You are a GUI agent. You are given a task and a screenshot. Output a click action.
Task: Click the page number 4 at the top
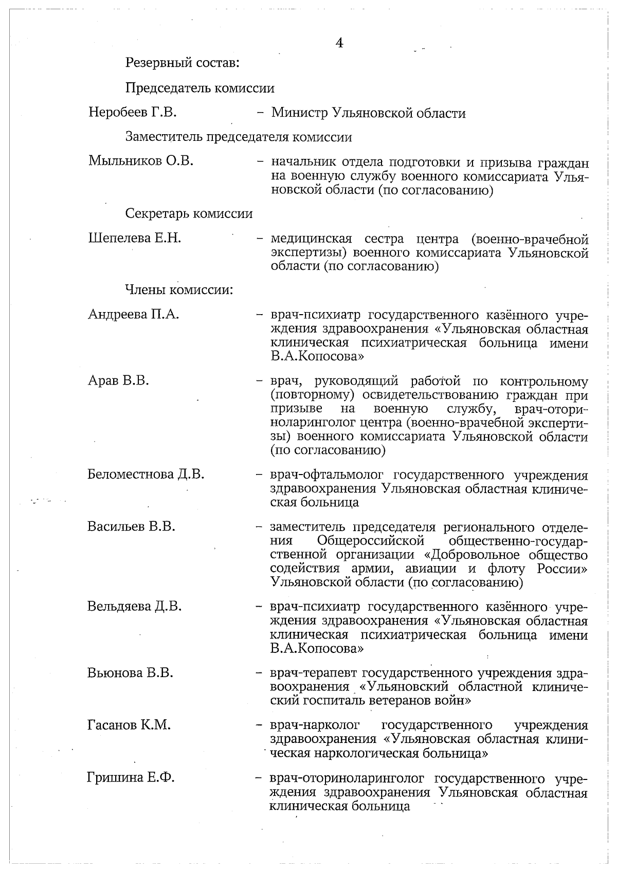point(339,43)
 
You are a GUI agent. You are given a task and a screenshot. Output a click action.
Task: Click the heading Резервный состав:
point(183,63)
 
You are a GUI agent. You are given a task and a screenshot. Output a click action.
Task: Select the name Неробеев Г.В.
point(133,112)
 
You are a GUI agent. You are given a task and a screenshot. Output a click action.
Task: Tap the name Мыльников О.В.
point(141,161)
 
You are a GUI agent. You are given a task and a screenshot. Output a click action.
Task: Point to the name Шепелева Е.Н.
point(135,238)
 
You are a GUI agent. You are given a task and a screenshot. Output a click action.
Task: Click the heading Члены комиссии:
point(179,290)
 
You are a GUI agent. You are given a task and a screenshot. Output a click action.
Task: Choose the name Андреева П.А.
point(133,314)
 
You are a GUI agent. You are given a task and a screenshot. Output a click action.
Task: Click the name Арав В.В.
point(118,381)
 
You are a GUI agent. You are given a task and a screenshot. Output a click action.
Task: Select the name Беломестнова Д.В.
point(146,474)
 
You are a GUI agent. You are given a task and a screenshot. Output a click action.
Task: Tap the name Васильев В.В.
point(131,526)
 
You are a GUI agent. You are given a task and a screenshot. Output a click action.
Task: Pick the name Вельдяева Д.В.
point(134,606)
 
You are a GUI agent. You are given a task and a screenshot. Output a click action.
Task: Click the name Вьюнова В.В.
point(130,672)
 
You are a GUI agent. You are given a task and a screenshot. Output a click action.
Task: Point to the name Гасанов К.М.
point(129,725)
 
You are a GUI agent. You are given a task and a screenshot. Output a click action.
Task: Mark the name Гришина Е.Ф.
point(131,778)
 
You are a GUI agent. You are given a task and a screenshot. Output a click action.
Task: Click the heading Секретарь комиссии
point(189,213)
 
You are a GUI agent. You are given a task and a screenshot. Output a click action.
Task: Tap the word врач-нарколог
point(315,725)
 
